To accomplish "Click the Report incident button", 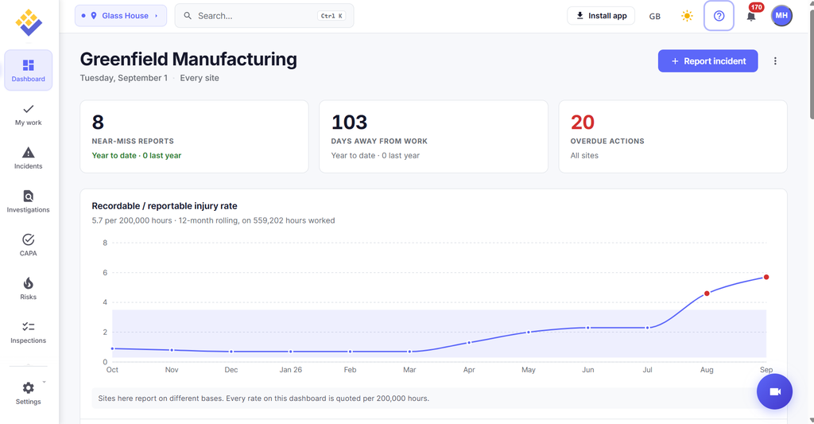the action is click(x=707, y=60).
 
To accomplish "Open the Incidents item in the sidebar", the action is click(x=28, y=158).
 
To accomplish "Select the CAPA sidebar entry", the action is click(x=28, y=245).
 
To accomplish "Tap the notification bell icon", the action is click(x=750, y=16).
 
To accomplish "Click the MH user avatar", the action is click(x=781, y=16).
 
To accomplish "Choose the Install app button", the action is click(x=601, y=16).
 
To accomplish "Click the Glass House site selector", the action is click(x=121, y=16).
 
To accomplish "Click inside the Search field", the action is click(x=264, y=16).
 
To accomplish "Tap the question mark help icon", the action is click(x=719, y=16).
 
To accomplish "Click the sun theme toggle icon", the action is click(x=687, y=16).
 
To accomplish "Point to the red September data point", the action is click(x=766, y=277).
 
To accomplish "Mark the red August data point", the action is click(x=707, y=294).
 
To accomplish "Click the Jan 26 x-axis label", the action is click(x=291, y=369).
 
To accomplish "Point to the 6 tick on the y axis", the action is click(x=105, y=272).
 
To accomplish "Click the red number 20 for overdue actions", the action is click(x=583, y=122).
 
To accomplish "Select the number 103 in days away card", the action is click(x=350, y=122).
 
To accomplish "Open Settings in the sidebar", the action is click(x=28, y=393).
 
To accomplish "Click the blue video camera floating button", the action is click(x=774, y=392).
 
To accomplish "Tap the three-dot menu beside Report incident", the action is click(x=775, y=60).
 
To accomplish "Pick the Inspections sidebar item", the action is click(x=28, y=333).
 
